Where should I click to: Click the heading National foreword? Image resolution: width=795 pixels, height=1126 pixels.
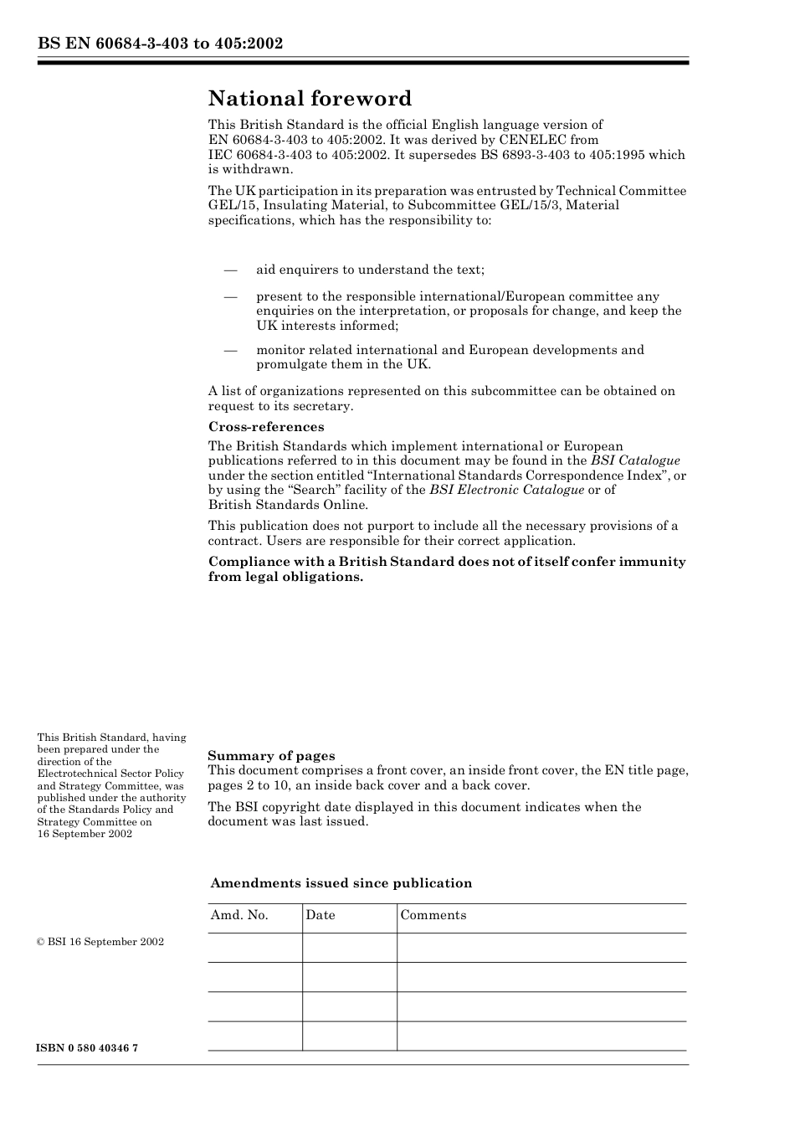click(310, 99)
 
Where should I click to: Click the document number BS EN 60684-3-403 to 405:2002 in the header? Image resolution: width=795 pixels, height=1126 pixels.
click(160, 44)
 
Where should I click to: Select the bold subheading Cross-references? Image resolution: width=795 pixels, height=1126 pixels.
click(266, 427)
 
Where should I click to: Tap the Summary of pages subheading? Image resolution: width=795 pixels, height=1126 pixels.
click(271, 756)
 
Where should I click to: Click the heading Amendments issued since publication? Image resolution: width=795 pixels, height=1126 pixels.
click(341, 883)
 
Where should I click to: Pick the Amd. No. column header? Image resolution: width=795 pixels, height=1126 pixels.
click(239, 915)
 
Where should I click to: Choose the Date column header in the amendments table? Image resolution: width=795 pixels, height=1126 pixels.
click(321, 915)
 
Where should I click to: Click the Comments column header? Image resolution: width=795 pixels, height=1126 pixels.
click(433, 915)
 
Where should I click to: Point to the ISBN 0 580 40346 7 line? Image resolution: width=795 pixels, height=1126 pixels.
click(88, 1049)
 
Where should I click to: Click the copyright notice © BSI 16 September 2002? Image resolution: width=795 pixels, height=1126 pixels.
click(100, 942)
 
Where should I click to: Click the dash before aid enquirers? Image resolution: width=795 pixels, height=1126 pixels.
click(229, 270)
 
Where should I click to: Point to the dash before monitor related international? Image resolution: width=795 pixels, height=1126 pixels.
click(229, 350)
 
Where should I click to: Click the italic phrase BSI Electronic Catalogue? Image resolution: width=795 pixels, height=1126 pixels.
click(506, 490)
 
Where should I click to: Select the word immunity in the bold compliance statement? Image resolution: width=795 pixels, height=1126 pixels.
click(652, 562)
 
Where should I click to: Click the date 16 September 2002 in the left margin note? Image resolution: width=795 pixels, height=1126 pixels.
click(85, 834)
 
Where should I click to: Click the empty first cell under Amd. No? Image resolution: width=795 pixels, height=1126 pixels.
click(254, 948)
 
